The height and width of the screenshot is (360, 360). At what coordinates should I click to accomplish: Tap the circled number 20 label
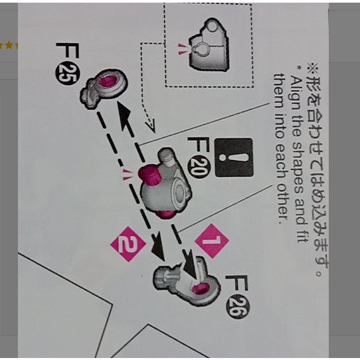(198, 167)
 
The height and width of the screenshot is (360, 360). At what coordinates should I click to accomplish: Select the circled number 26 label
(238, 307)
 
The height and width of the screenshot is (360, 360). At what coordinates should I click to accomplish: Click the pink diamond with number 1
(212, 241)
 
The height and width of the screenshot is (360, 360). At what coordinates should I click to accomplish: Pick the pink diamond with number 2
(128, 244)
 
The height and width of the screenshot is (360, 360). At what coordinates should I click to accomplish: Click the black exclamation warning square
(234, 157)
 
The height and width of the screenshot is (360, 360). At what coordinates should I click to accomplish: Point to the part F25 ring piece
(104, 88)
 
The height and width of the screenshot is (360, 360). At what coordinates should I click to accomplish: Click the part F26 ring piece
(187, 281)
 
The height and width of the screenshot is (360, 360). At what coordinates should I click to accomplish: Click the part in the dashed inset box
(209, 45)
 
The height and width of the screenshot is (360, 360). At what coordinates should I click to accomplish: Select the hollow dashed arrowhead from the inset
(150, 126)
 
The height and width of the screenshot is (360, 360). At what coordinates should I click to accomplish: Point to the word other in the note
(281, 204)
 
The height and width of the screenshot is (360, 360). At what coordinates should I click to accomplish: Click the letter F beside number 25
(68, 50)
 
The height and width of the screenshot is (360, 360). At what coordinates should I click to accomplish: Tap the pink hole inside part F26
(201, 288)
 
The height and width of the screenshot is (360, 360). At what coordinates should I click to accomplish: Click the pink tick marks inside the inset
(183, 49)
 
